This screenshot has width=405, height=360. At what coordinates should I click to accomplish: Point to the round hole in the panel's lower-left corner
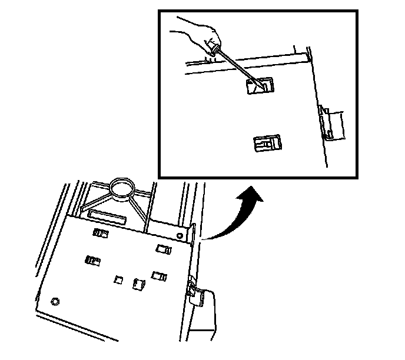tap(55, 301)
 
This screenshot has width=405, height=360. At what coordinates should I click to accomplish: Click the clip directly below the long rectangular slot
tap(100, 233)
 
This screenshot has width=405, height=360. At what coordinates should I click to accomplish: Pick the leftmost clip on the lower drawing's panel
tap(92, 260)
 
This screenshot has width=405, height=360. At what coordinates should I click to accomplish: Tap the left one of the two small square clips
tap(118, 280)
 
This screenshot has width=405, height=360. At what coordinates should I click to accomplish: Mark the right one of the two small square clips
tap(139, 284)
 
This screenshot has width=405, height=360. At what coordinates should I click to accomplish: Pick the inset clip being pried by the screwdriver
tap(260, 86)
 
